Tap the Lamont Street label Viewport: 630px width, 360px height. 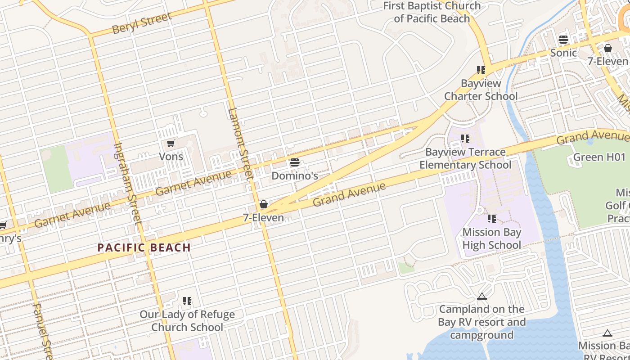pos(240,144)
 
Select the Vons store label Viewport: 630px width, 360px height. pos(171,156)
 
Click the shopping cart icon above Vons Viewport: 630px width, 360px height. pos(171,144)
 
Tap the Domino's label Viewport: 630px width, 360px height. pos(295,175)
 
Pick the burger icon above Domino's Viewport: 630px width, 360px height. pos(295,162)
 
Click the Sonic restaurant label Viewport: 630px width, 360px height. pos(563,53)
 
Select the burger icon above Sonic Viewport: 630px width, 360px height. pos(563,40)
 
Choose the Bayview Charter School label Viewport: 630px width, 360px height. pos(481,90)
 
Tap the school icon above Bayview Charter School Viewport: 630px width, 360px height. pos(481,70)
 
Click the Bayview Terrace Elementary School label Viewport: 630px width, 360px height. pos(465,158)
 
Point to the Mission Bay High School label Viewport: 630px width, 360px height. pos(492,238)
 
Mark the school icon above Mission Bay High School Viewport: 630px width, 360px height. pos(492,219)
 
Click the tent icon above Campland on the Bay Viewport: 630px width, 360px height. pos(482,297)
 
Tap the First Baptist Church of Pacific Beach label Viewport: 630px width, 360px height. pos(432,12)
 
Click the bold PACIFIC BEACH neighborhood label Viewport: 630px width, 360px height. pos(144,247)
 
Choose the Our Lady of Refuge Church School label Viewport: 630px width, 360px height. pos(187,321)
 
